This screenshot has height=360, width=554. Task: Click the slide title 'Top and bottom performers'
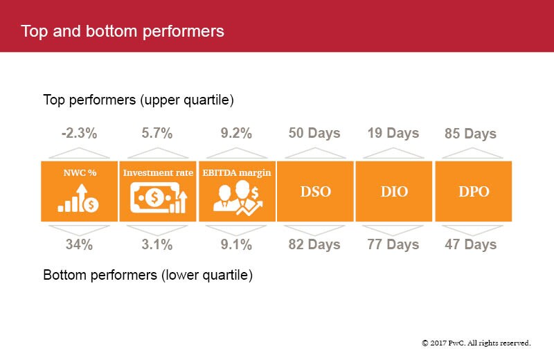point(123,31)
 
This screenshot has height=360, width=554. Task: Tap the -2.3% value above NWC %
point(78,134)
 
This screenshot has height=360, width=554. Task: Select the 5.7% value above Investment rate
point(157,134)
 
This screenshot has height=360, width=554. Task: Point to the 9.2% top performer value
point(236,134)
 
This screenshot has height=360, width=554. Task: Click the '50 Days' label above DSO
point(314,134)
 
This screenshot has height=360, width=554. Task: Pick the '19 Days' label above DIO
point(393,134)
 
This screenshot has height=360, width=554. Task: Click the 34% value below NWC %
point(78,244)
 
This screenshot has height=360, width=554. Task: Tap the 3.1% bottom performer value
point(157,244)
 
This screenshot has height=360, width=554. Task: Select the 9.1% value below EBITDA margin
point(236,244)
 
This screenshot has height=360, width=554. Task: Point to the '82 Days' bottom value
point(314,244)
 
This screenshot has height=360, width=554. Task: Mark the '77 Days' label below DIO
point(393,244)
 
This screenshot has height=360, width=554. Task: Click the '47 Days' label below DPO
point(471,244)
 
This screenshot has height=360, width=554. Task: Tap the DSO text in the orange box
point(315,192)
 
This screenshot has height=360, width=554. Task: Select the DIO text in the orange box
point(394,192)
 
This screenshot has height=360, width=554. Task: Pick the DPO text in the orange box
point(473,192)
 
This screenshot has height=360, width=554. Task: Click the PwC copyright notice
point(476,343)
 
